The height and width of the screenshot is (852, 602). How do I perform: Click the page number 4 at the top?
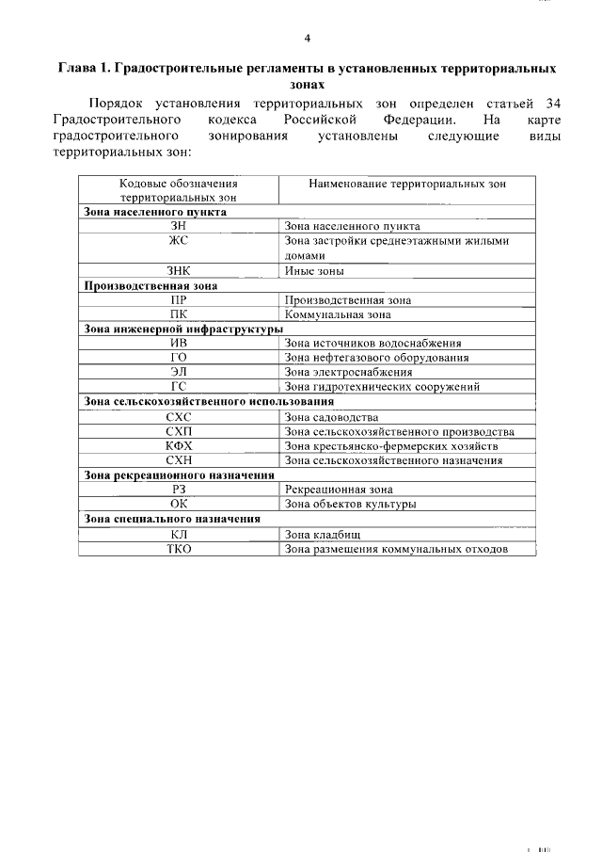point(307,38)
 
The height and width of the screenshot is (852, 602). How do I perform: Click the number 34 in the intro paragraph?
point(552,102)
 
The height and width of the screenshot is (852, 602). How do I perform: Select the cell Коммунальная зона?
point(337,314)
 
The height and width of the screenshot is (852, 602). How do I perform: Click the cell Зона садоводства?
point(331,416)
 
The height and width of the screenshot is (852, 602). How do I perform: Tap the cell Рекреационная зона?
point(338,490)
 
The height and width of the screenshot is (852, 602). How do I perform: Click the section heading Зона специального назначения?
point(172,519)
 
